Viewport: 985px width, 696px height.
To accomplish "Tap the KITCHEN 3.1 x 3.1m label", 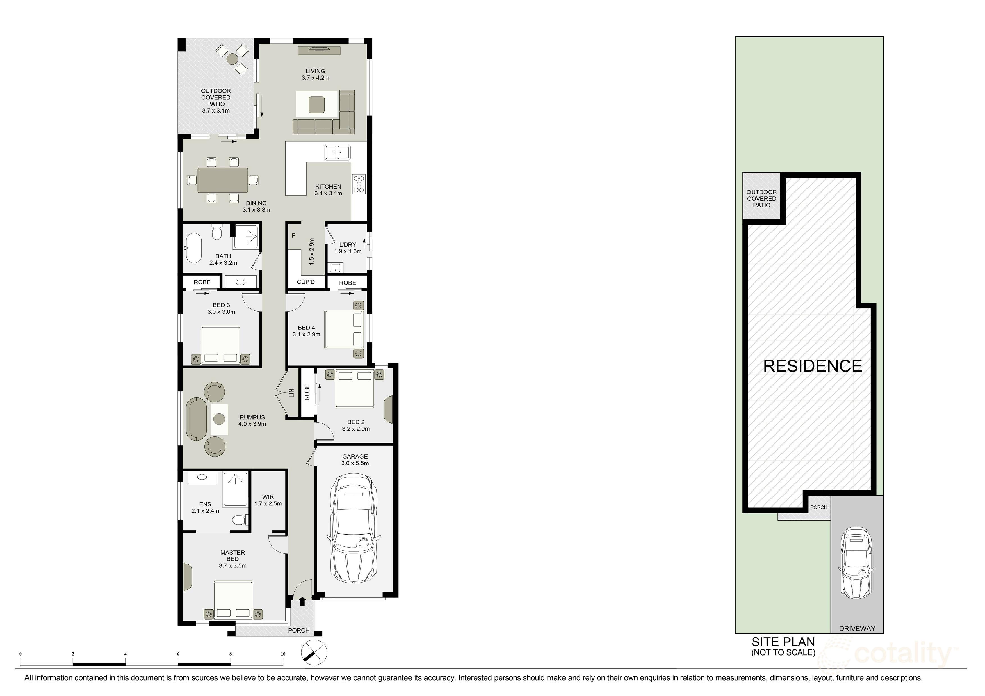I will click(x=328, y=190).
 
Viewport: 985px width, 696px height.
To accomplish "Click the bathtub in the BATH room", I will click(x=193, y=248).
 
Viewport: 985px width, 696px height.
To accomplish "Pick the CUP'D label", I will click(x=306, y=282).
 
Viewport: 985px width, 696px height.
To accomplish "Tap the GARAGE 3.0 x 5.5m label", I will click(x=355, y=460).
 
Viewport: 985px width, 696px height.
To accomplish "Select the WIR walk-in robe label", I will click(x=268, y=500).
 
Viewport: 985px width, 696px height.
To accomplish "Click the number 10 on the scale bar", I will click(x=283, y=654).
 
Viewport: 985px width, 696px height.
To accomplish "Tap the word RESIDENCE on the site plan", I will click(x=813, y=366).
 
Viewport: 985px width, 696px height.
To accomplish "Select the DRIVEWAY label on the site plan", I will click(x=857, y=629).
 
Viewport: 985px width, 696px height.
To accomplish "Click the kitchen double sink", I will click(x=337, y=152).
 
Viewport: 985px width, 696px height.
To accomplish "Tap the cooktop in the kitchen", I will click(x=359, y=184).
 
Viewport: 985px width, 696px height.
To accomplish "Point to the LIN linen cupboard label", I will click(x=292, y=392).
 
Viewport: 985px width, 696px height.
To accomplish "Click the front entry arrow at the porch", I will click(x=302, y=602).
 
